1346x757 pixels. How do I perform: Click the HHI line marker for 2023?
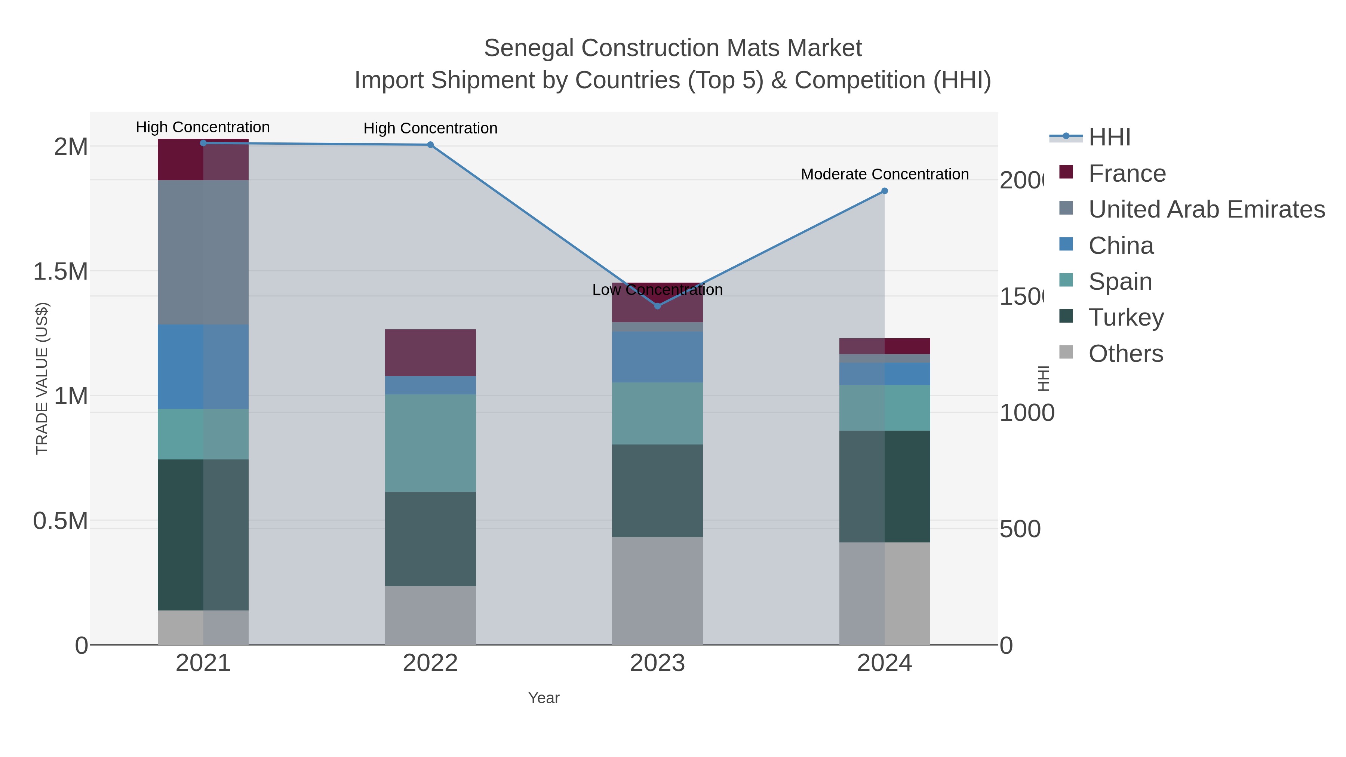tap(657, 306)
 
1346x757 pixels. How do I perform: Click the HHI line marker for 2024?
tap(885, 191)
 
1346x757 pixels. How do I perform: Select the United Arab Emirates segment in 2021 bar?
tap(203, 252)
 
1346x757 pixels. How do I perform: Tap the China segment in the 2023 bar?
tap(657, 357)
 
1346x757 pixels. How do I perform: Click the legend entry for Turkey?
tap(1126, 317)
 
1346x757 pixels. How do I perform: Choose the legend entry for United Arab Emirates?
tap(1206, 209)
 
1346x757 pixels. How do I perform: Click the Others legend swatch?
tap(1066, 353)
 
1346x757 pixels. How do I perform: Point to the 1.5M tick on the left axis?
tap(60, 272)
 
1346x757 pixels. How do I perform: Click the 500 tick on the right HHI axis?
tap(1020, 529)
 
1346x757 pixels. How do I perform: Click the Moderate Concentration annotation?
tap(885, 174)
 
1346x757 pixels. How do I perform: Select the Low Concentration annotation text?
tap(657, 289)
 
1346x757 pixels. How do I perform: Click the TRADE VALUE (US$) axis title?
tap(42, 378)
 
